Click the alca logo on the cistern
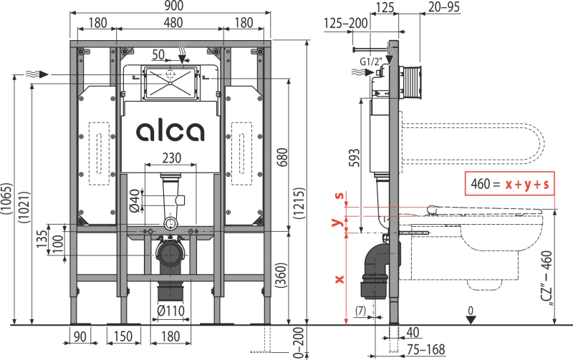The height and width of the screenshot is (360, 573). tap(170, 132)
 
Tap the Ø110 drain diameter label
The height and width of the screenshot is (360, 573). tap(170, 312)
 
